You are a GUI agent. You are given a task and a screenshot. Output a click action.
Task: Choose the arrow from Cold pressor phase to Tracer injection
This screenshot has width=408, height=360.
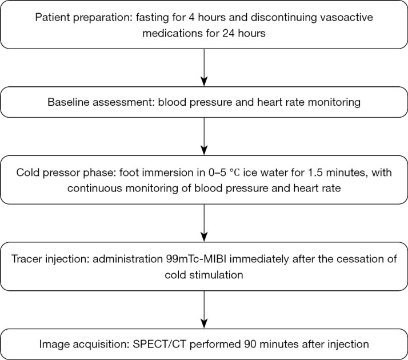click(204, 220)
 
